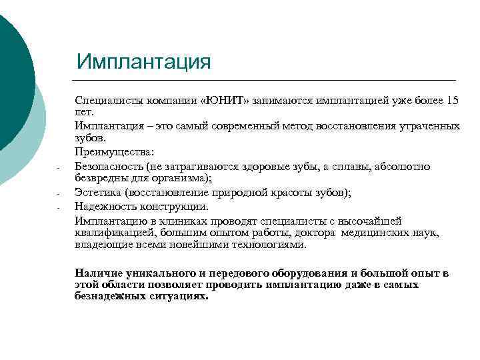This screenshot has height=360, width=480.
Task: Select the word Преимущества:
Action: coord(115,152)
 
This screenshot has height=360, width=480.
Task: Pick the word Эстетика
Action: coord(99,193)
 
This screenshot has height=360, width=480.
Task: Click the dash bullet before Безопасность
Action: coord(59,167)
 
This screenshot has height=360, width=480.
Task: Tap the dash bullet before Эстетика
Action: coord(59,194)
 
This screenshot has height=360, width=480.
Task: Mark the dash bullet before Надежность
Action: coord(59,207)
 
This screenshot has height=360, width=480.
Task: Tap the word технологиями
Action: coord(271,245)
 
